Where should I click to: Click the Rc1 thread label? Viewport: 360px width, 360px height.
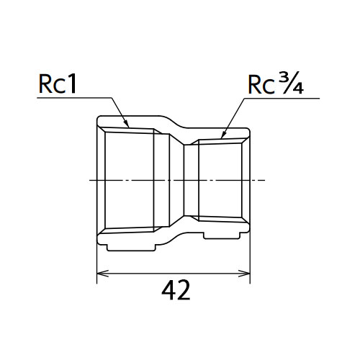pos(58,84)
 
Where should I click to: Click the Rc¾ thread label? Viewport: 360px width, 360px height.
pos(276,83)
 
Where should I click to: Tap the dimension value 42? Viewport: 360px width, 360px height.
pos(176,291)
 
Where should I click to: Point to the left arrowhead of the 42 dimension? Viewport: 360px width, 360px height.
pos(102,274)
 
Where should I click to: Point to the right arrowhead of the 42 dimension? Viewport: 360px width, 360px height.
pos(244,274)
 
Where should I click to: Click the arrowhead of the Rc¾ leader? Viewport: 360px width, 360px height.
pos(224,135)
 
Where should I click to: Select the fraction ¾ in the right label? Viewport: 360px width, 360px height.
pos(291,82)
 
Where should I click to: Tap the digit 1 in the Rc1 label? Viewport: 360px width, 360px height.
pos(71,84)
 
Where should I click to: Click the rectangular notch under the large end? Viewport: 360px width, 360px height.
pos(131,248)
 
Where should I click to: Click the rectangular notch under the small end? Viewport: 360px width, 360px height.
pos(222,235)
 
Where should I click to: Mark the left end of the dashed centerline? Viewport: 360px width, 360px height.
pos(89,180)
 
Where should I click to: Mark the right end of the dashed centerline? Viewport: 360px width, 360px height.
pos(265,180)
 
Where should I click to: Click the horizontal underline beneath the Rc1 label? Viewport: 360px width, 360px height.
pos(74,98)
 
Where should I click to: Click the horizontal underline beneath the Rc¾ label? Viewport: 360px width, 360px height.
pos(282,98)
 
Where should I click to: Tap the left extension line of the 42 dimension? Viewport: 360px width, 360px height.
pos(96,264)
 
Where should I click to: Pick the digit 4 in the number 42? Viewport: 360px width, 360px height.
pos(168,291)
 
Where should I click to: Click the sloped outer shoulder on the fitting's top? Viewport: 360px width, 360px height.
pos(174,122)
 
